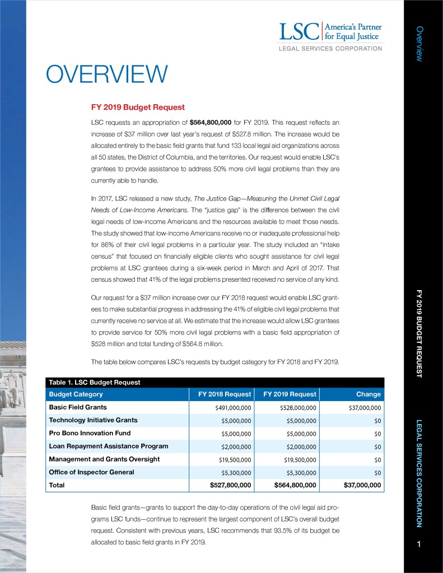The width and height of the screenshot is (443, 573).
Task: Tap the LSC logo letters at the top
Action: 298,31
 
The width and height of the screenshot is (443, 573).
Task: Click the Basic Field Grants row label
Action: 78,407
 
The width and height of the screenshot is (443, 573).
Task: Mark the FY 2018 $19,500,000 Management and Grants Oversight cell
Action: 235,460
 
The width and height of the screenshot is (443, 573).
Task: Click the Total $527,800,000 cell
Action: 230,486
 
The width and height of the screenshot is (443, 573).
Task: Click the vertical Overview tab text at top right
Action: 419,43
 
